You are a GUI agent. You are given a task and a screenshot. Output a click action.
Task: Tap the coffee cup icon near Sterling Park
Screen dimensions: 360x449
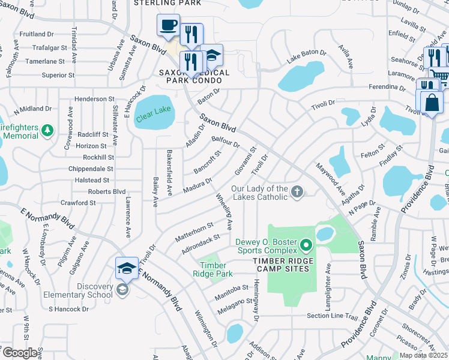pyautogui.click(x=168, y=25)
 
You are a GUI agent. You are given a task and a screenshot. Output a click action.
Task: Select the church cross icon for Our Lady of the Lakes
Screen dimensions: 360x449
pyautogui.click(x=297, y=192)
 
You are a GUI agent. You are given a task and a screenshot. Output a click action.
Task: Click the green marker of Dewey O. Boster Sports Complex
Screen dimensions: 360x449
pyautogui.click(x=306, y=245)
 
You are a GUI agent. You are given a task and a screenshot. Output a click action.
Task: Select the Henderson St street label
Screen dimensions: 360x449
pyautogui.click(x=94, y=98)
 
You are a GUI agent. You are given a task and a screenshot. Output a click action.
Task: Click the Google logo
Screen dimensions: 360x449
pyautogui.click(x=20, y=353)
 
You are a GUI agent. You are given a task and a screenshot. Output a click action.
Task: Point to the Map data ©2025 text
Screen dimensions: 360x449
pyautogui.click(x=424, y=355)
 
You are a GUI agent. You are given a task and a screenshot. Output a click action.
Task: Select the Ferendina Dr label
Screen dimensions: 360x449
pyautogui.click(x=388, y=87)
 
